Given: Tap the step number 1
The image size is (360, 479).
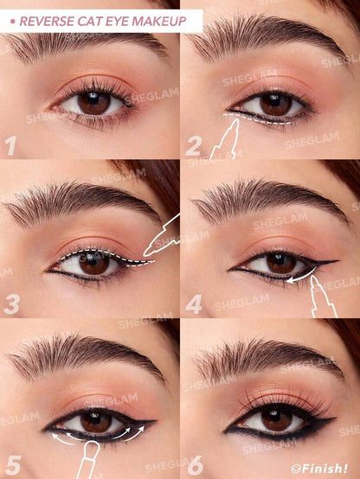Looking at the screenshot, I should [x=10, y=144].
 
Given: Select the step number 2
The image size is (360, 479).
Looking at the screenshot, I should [x=194, y=144].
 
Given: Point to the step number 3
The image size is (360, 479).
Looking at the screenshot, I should [x=11, y=303].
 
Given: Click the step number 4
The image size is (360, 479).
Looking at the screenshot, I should [x=194, y=303].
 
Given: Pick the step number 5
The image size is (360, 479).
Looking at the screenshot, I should [x=11, y=463].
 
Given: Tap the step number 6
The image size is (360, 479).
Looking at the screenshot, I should [x=194, y=463].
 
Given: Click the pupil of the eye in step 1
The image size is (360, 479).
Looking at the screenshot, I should [x=93, y=103].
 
